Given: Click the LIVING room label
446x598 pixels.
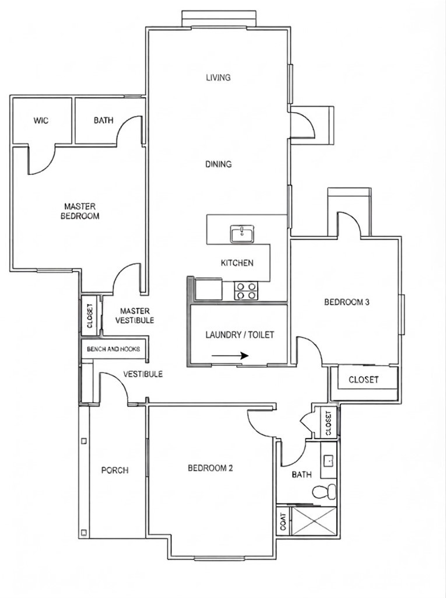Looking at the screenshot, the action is click(219, 78).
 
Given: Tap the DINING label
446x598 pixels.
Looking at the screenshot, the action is click(219, 164).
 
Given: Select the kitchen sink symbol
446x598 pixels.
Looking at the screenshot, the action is click(242, 234).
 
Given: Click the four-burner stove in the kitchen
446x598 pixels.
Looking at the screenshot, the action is click(246, 291).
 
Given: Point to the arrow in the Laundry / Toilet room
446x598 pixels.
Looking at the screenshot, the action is click(230, 356).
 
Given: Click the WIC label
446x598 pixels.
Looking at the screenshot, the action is click(41, 121).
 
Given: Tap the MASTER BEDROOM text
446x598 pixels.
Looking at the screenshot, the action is click(80, 211).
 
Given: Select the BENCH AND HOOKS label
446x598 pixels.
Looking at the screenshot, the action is click(113, 349).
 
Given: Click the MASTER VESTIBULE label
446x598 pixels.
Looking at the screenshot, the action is click(135, 316).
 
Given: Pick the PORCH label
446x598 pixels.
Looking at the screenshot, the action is click(115, 470).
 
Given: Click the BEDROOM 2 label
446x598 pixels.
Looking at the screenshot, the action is click(210, 468).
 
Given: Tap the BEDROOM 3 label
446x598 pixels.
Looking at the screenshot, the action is click(346, 302).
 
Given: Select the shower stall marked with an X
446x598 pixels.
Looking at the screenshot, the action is click(313, 521).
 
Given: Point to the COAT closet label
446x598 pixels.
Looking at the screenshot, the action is click(283, 521).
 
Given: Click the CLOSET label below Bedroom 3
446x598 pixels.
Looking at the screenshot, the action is click(364, 379).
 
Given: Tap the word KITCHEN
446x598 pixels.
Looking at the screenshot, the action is click(237, 263).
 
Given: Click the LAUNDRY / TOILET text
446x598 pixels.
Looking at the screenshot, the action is click(240, 335).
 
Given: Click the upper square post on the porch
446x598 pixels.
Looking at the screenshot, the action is click(84, 441).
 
